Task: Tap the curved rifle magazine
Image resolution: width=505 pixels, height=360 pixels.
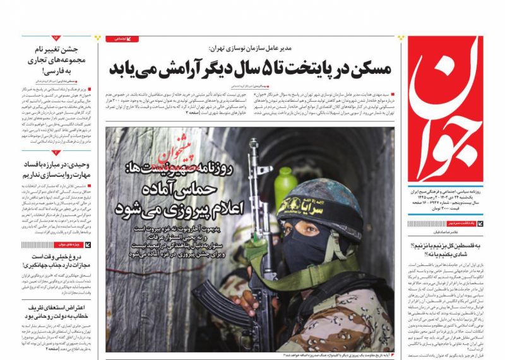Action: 217,303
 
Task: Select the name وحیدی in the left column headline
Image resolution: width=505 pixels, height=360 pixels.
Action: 78,162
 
